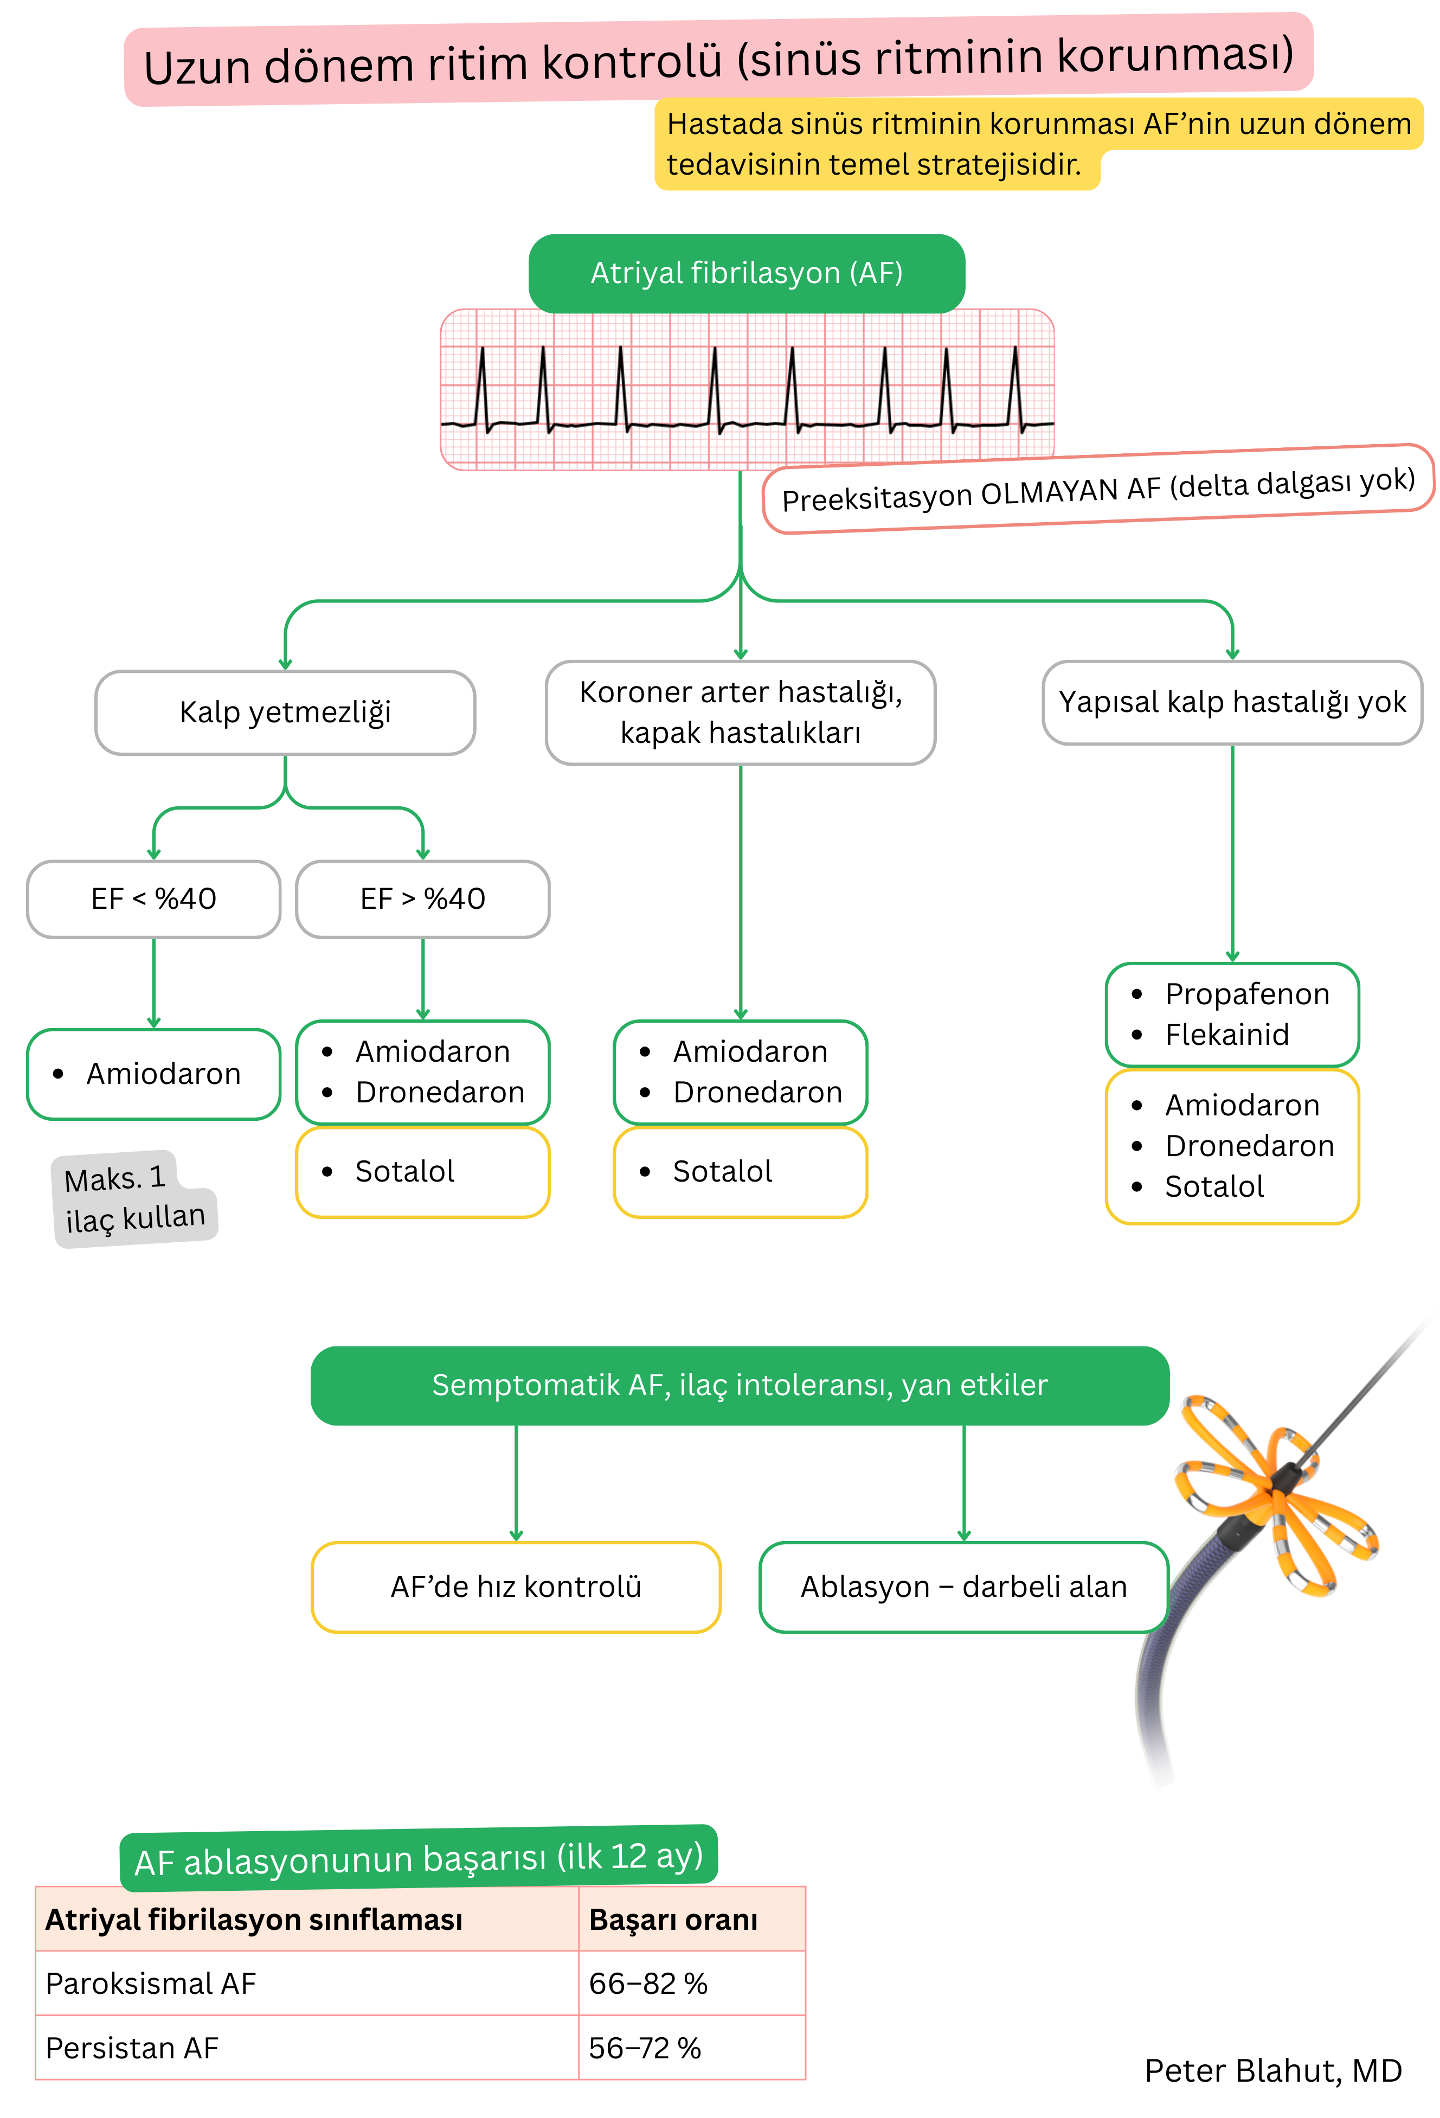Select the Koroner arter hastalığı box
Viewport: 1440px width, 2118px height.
740,712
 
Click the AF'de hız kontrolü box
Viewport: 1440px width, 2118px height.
516,1587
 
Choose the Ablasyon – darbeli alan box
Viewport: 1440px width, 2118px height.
963,1587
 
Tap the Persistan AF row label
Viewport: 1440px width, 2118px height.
132,2048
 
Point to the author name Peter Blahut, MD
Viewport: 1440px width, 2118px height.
1272,2071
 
